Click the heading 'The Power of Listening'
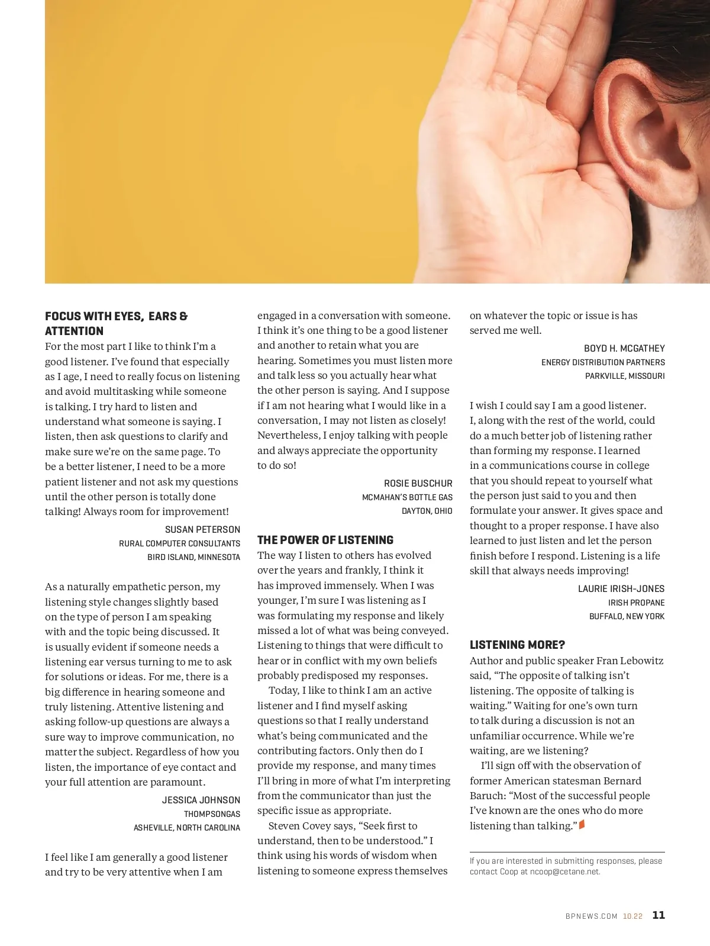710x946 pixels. pyautogui.click(x=325, y=540)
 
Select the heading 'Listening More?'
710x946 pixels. pyautogui.click(x=517, y=645)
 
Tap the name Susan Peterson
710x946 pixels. pyautogui.click(x=202, y=529)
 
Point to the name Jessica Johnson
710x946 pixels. pyautogui.click(x=201, y=800)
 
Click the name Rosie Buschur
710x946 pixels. pyautogui.click(x=418, y=483)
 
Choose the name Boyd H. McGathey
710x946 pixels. pyautogui.click(x=624, y=348)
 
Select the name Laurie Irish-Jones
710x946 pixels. pyautogui.click(x=621, y=588)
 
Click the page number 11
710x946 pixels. pyautogui.click(x=659, y=915)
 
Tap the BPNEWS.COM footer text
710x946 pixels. pyautogui.click(x=591, y=916)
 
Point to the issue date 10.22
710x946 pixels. pyautogui.click(x=632, y=916)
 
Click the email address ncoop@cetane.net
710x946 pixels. pyautogui.click(x=565, y=871)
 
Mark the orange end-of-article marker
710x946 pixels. pyautogui.click(x=582, y=824)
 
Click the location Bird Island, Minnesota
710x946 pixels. pyautogui.click(x=193, y=557)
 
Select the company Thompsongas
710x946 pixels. pyautogui.click(x=212, y=814)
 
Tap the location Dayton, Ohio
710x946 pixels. pyautogui.click(x=427, y=511)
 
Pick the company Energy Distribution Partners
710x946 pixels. pyautogui.click(x=603, y=362)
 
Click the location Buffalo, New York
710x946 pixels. pyautogui.click(x=627, y=616)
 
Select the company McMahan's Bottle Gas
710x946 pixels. pyautogui.click(x=407, y=497)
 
